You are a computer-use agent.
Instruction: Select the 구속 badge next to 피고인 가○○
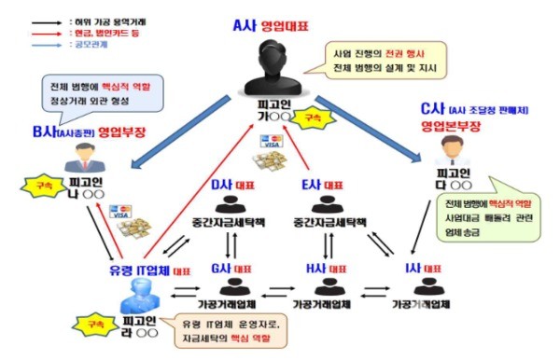tap(302, 118)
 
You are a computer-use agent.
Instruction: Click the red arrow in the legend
tap(21, 31)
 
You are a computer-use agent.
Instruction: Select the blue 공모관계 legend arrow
tap(21, 44)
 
